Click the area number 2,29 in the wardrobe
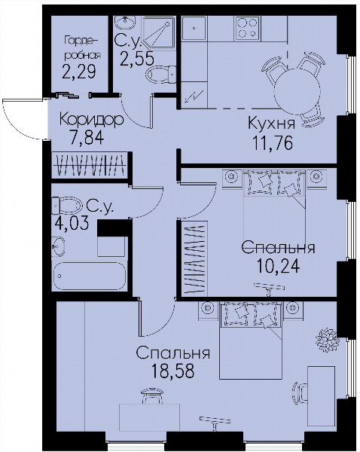(78, 72)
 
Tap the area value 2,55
(136, 60)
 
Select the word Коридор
(92, 120)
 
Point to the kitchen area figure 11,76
(273, 143)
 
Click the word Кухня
(272, 124)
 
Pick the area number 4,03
(72, 224)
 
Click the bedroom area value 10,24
(278, 266)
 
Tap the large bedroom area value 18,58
(172, 371)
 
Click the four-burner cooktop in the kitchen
(247, 28)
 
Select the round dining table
(297, 92)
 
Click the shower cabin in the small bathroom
(159, 32)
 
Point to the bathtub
(90, 276)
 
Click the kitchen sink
(194, 28)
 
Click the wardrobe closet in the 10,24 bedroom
(194, 258)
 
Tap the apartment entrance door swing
(22, 119)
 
